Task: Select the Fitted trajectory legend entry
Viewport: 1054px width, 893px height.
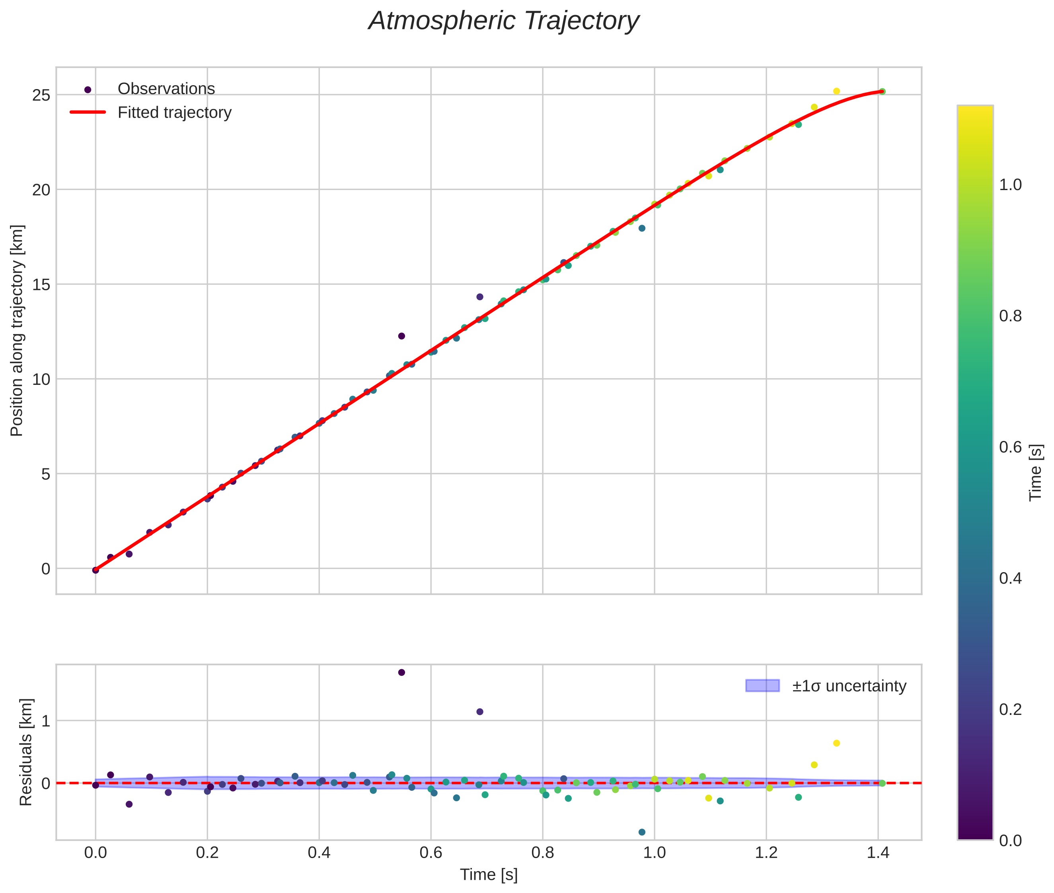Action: pyautogui.click(x=174, y=113)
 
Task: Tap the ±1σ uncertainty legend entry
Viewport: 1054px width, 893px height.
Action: pyautogui.click(x=849, y=686)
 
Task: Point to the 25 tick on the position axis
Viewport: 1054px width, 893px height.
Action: pyautogui.click(x=41, y=95)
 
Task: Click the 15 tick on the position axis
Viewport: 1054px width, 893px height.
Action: pyautogui.click(x=41, y=285)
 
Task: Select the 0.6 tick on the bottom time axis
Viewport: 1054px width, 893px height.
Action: pyautogui.click(x=431, y=853)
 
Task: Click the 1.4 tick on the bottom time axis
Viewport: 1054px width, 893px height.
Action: pyautogui.click(x=878, y=853)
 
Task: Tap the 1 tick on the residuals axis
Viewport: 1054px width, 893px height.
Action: pyautogui.click(x=46, y=721)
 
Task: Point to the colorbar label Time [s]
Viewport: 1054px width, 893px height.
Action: pyautogui.click(x=1036, y=473)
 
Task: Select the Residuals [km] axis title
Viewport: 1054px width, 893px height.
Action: pyautogui.click(x=25, y=752)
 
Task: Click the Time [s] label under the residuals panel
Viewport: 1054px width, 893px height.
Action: pyautogui.click(x=488, y=875)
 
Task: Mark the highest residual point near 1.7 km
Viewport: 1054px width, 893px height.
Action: pyautogui.click(x=401, y=672)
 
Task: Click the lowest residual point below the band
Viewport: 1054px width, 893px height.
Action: pyautogui.click(x=642, y=832)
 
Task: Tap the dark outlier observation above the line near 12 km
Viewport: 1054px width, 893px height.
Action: pyautogui.click(x=401, y=336)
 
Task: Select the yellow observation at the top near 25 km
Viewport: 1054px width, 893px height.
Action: pyautogui.click(x=836, y=91)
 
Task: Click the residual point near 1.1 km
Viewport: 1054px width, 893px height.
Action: pyautogui.click(x=479, y=712)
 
